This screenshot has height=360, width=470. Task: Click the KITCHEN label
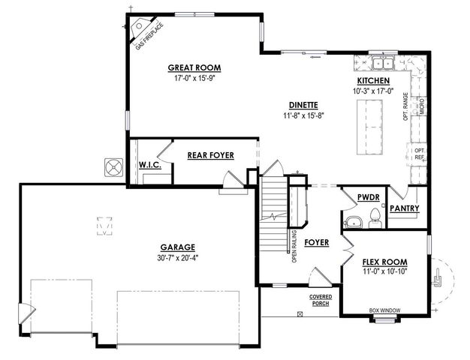click(372, 80)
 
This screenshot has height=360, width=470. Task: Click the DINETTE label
click(303, 105)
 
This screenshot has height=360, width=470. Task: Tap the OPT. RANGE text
click(406, 108)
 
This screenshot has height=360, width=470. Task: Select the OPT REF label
click(420, 154)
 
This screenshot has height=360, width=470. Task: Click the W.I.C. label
click(147, 164)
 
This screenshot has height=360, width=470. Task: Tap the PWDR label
click(368, 197)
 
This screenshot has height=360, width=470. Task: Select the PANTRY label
click(404, 208)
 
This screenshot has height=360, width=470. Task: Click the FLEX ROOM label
click(384, 262)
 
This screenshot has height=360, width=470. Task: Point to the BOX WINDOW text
click(383, 310)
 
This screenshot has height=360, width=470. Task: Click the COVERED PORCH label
click(321, 299)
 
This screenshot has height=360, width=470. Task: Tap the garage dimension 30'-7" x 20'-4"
click(177, 257)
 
